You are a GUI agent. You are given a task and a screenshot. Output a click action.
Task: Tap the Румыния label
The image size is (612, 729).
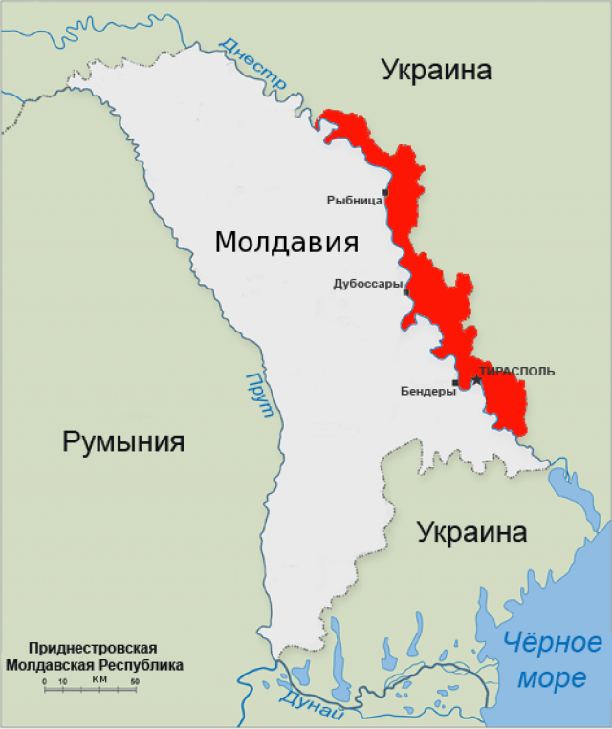pyautogui.click(x=123, y=441)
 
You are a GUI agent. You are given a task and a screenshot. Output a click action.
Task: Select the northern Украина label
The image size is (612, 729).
pyautogui.click(x=436, y=69)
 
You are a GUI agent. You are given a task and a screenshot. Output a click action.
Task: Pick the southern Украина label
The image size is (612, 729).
pyautogui.click(x=472, y=532)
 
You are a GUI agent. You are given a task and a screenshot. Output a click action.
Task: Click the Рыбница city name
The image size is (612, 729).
pyautogui.click(x=354, y=200)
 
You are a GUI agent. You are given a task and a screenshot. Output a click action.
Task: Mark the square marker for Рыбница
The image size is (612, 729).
pyautogui.click(x=385, y=193)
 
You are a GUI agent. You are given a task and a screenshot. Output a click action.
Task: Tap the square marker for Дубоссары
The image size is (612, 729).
pyautogui.click(x=406, y=292)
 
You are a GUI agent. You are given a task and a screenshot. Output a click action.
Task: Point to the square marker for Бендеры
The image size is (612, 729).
pyautogui.click(x=455, y=383)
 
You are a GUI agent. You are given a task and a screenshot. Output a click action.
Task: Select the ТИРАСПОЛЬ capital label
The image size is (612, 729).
pyautogui.click(x=517, y=371)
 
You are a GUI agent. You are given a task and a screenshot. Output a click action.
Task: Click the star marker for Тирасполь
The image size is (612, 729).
pyautogui.click(x=476, y=380)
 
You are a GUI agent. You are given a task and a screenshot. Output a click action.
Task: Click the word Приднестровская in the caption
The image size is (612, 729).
pyautogui.click(x=92, y=648)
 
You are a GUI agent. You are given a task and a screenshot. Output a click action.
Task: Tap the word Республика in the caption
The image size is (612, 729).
pyautogui.click(x=140, y=664)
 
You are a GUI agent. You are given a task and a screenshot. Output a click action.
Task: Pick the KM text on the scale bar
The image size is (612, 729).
pyautogui.click(x=99, y=678)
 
